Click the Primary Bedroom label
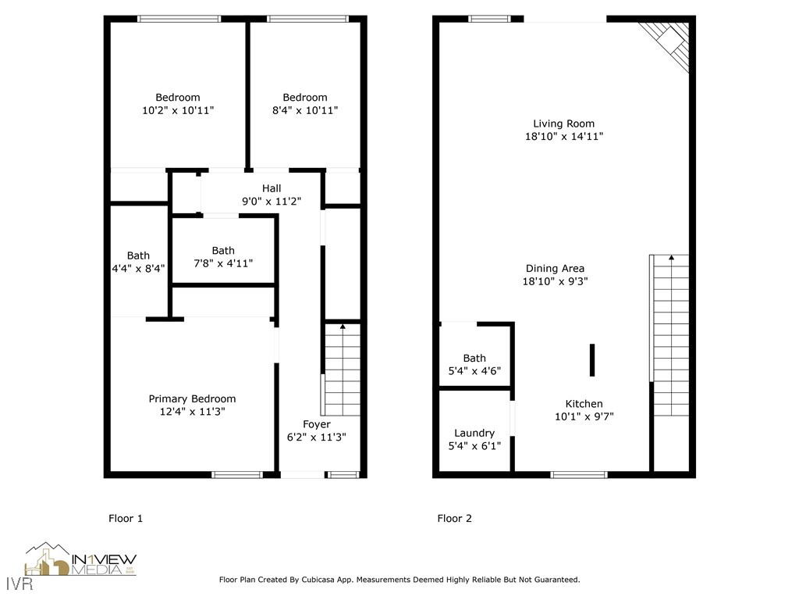pyautogui.click(x=192, y=398)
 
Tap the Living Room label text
pyautogui.click(x=563, y=123)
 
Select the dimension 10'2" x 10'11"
pyautogui.click(x=178, y=111)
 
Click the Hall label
pyautogui.click(x=272, y=188)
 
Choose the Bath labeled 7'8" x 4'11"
pyautogui.click(x=223, y=251)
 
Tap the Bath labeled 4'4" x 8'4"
pyautogui.click(x=138, y=255)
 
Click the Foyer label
pyautogui.click(x=317, y=424)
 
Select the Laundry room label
pyautogui.click(x=474, y=433)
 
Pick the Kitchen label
pyautogui.click(x=584, y=404)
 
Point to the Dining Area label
pyautogui.click(x=556, y=269)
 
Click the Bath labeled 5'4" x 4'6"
pyautogui.click(x=474, y=359)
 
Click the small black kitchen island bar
pyautogui.click(x=592, y=360)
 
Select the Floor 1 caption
pyautogui.click(x=125, y=518)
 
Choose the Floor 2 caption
pyautogui.click(x=454, y=518)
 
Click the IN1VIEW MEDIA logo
pyautogui.click(x=80, y=560)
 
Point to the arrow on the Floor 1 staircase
pyautogui.click(x=342, y=326)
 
